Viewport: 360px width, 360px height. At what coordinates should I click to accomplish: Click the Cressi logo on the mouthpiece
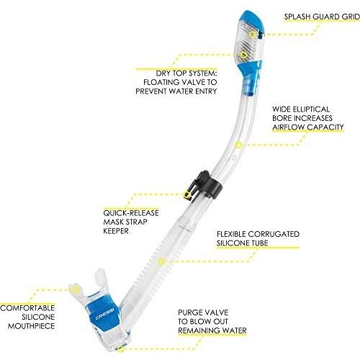pyautogui.click(x=104, y=315)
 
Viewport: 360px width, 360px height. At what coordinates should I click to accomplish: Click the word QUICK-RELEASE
pyautogui.click(x=131, y=213)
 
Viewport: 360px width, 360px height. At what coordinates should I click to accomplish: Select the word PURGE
pyautogui.click(x=190, y=312)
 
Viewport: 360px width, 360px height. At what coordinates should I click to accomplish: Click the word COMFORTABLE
pyautogui.click(x=27, y=308)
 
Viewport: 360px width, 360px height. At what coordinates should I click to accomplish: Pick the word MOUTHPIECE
pyautogui.click(x=31, y=326)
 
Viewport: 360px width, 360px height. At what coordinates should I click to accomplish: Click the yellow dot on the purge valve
pyautogui.click(x=121, y=348)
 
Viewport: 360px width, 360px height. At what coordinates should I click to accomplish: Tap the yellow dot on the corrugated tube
pyautogui.click(x=161, y=261)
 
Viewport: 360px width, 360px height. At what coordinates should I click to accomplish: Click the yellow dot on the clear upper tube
pyautogui.click(x=238, y=145)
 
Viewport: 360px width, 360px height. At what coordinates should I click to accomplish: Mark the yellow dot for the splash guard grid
pyautogui.click(x=252, y=35)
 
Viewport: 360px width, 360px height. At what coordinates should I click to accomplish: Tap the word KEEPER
pyautogui.click(x=116, y=231)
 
